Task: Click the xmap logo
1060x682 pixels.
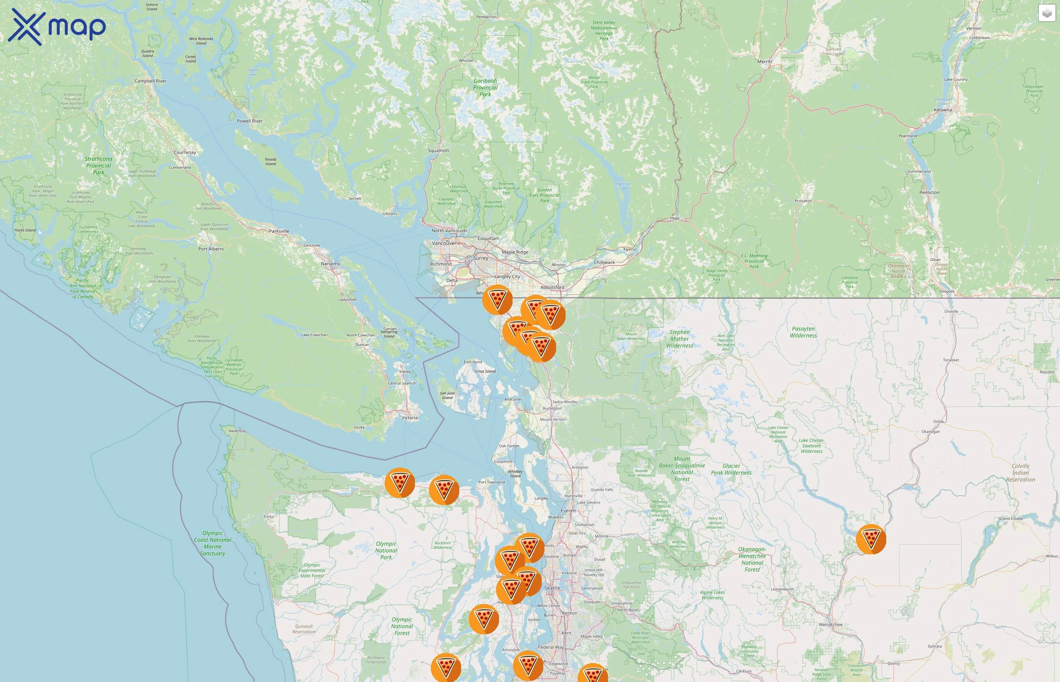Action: (57, 27)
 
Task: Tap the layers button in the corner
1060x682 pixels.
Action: (1046, 14)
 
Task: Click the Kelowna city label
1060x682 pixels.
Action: (943, 110)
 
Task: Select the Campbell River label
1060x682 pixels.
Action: (150, 81)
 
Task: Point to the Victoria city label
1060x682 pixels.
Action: (409, 418)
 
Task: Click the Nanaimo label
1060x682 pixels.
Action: (330, 263)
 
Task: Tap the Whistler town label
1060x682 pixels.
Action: (466, 61)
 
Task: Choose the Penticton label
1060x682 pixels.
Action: (929, 192)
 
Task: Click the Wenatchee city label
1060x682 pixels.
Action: (830, 624)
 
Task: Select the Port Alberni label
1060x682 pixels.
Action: (211, 249)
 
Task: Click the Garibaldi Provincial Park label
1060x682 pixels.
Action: (485, 87)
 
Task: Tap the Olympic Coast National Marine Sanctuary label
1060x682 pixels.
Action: (212, 543)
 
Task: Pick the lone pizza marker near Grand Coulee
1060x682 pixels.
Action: (871, 539)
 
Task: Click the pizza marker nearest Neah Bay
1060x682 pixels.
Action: (399, 483)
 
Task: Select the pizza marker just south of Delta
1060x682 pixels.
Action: (497, 300)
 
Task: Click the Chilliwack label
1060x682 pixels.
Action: (604, 262)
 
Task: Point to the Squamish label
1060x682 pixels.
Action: (438, 150)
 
